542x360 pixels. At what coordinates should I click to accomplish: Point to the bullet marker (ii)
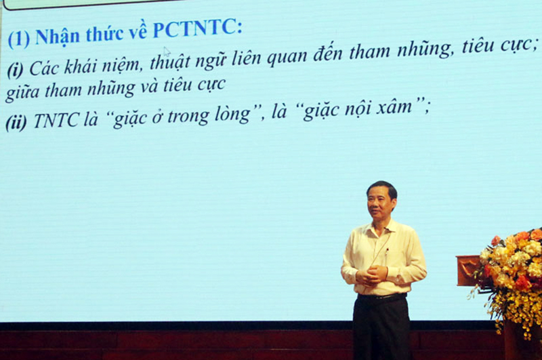pyautogui.click(x=17, y=123)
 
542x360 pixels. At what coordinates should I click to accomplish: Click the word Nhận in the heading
pyautogui.click(x=57, y=36)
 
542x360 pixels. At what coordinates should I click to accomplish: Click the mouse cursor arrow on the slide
pyautogui.click(x=166, y=52)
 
